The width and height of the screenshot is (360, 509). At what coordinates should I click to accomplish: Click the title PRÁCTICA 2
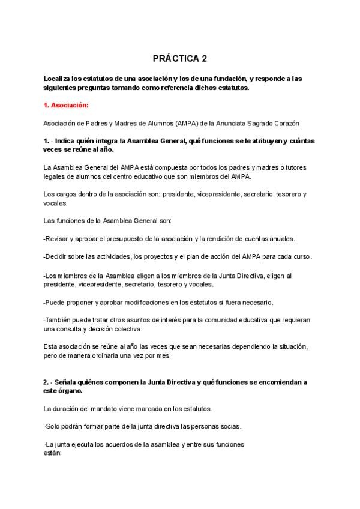point(179,59)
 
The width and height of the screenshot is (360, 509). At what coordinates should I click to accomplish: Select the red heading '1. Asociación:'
point(66,106)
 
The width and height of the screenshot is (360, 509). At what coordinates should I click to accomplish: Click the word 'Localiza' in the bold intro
point(59,79)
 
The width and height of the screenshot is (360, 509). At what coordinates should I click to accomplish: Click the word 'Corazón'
point(286,123)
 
